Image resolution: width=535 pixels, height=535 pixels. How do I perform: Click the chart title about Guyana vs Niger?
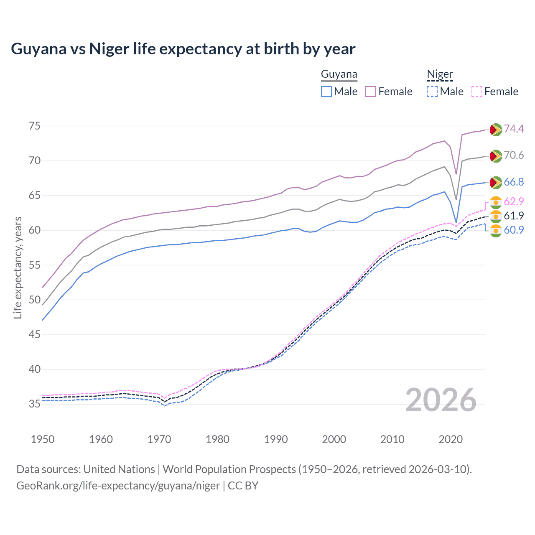click(x=183, y=49)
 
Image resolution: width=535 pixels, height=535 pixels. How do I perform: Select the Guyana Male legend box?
click(x=326, y=92)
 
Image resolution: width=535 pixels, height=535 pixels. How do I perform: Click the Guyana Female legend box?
click(x=371, y=92)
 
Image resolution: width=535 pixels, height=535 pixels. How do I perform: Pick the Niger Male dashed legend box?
click(x=432, y=92)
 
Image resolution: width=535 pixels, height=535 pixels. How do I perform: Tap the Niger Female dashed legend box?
click(x=477, y=92)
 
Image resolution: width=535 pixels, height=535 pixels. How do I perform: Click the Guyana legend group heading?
click(x=339, y=74)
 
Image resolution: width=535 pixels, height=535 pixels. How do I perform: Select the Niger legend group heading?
click(x=440, y=74)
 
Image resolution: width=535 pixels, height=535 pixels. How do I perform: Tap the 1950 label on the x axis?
click(x=43, y=439)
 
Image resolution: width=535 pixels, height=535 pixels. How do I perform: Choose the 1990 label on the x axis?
click(x=276, y=439)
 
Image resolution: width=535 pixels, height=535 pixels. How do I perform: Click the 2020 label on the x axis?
click(x=451, y=439)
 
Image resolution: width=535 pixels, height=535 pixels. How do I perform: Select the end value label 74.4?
click(x=514, y=129)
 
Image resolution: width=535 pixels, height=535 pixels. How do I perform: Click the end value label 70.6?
click(x=514, y=155)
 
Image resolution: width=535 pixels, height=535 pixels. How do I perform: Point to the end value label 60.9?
click(x=514, y=230)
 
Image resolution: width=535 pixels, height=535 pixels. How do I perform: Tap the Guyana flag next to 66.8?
click(x=496, y=182)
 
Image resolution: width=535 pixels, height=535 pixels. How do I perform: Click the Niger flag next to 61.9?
click(x=496, y=216)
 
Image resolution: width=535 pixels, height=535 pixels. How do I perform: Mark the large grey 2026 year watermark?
click(x=441, y=400)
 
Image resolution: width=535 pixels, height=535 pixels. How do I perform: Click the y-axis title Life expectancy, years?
click(x=18, y=267)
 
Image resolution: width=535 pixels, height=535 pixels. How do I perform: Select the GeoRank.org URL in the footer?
click(x=118, y=486)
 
